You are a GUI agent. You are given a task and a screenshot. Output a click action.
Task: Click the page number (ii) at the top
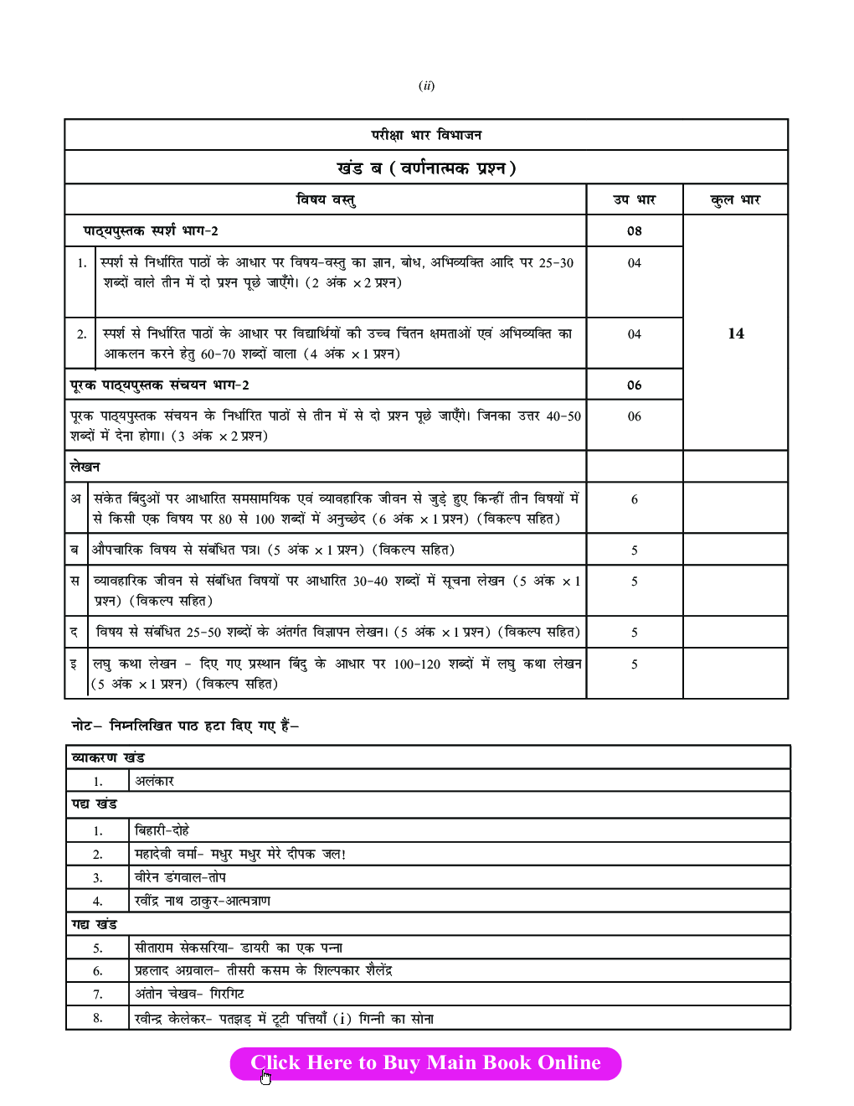pyautogui.click(x=426, y=85)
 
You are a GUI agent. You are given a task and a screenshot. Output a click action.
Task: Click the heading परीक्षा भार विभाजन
pyautogui.click(x=426, y=135)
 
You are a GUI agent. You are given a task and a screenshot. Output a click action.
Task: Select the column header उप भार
pyautogui.click(x=634, y=199)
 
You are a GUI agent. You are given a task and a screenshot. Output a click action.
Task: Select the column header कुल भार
pyautogui.click(x=735, y=199)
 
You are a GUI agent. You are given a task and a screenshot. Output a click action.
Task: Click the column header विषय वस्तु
pyautogui.click(x=326, y=199)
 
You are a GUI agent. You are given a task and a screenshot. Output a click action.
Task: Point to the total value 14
pyautogui.click(x=735, y=333)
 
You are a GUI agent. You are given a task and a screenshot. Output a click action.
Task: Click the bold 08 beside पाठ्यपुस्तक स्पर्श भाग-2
pyautogui.click(x=634, y=231)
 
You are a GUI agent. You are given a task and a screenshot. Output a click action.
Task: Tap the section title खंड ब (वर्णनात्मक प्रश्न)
pyautogui.click(x=426, y=168)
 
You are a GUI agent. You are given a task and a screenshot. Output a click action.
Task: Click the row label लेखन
pyautogui.click(x=85, y=467)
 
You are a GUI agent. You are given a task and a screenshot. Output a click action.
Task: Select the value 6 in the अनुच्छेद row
pyautogui.click(x=634, y=499)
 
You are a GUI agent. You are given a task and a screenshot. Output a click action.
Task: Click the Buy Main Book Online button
pyautogui.click(x=425, y=1063)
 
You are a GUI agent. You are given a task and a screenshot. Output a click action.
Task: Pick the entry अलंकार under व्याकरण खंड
pyautogui.click(x=154, y=781)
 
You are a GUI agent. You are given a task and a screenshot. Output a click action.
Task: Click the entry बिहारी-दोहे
pyautogui.click(x=162, y=830)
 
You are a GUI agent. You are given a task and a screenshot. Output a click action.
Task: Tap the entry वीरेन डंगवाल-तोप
pyautogui.click(x=180, y=877)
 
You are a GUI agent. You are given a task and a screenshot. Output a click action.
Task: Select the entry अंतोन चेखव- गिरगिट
pyautogui.click(x=189, y=994)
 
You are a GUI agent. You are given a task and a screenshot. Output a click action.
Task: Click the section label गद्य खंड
pyautogui.click(x=94, y=924)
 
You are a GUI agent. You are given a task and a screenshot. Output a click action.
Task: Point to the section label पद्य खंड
pyautogui.click(x=94, y=804)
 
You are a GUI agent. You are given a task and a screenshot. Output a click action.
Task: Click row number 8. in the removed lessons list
pyautogui.click(x=98, y=1018)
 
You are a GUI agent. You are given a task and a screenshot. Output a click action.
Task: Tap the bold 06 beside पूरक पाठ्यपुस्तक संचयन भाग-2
pyautogui.click(x=634, y=385)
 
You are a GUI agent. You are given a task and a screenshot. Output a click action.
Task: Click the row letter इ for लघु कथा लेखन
pyautogui.click(x=74, y=664)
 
